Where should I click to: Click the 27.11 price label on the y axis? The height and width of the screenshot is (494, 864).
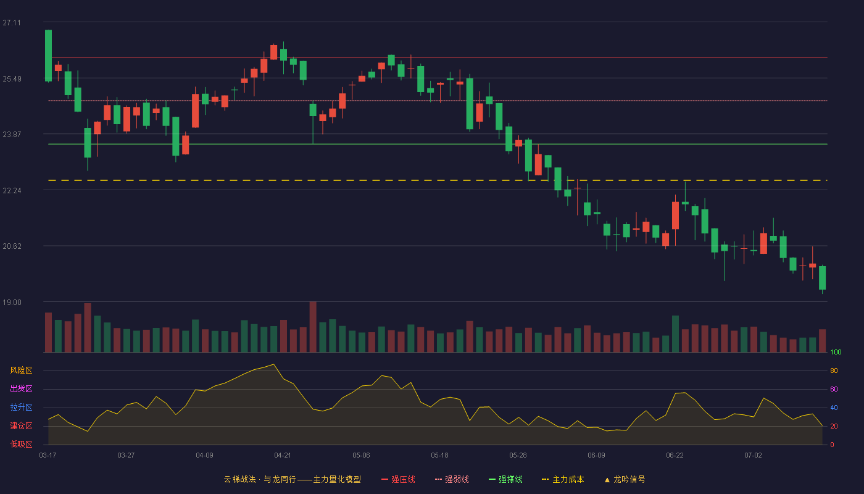click(12, 23)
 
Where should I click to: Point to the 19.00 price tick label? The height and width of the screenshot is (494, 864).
click(12, 303)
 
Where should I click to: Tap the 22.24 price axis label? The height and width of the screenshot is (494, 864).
click(12, 191)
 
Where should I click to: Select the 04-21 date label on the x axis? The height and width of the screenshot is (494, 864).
click(283, 456)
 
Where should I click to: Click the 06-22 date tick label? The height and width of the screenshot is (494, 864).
click(675, 456)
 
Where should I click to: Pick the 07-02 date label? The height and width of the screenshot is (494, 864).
click(753, 456)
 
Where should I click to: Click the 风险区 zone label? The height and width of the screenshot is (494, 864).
click(21, 371)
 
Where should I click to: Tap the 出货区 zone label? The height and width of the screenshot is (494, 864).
click(21, 388)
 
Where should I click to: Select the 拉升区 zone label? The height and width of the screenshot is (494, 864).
click(21, 407)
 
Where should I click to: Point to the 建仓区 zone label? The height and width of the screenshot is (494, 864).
click(21, 425)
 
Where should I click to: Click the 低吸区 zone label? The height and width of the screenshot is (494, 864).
click(21, 444)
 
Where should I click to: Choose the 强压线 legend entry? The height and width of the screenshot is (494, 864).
click(398, 479)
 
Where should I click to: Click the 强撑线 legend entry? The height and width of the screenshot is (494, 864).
click(505, 479)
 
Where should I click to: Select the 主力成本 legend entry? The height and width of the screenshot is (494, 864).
click(563, 479)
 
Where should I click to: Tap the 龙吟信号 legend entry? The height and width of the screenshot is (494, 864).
click(625, 479)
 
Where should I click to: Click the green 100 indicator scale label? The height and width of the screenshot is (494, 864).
click(836, 352)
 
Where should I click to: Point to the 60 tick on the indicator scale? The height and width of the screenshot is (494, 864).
click(834, 389)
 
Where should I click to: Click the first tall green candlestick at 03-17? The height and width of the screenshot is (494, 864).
click(48, 56)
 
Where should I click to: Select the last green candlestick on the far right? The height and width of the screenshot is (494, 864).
click(822, 278)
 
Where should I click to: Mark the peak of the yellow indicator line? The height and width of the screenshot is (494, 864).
click(273, 364)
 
